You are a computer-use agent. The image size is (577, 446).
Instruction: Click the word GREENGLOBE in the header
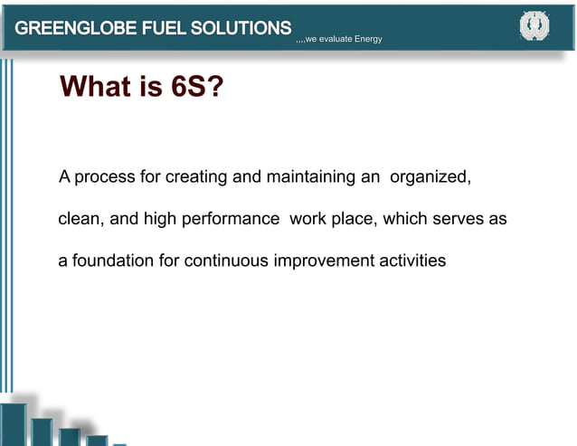(x=73, y=28)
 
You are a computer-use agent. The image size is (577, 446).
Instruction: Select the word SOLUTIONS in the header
(x=242, y=28)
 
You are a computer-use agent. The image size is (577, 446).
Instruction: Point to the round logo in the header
(x=534, y=27)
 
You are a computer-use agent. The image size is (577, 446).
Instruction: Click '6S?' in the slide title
(x=197, y=88)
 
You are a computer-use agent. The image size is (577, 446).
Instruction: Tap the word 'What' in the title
(x=99, y=88)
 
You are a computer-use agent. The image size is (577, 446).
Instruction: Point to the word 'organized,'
(x=430, y=176)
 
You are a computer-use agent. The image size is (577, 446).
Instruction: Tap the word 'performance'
(x=231, y=220)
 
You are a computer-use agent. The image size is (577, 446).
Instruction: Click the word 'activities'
(x=412, y=261)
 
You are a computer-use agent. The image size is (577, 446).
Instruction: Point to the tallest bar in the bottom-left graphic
(x=14, y=423)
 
